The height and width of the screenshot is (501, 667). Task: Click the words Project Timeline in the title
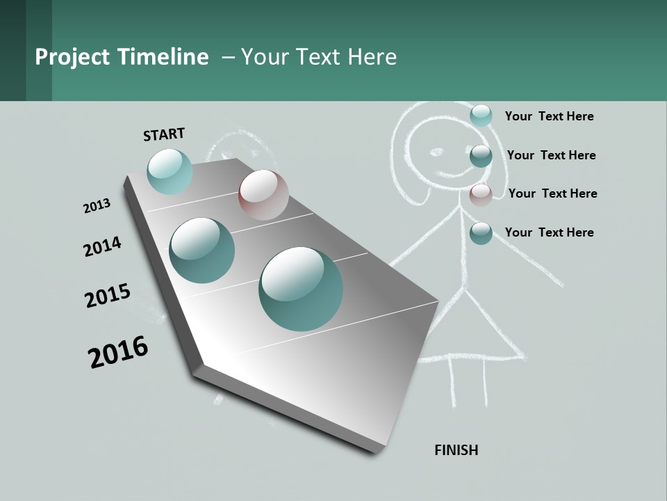[x=122, y=57]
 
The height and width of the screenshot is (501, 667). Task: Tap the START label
[x=164, y=134]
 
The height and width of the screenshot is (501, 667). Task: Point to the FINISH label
[x=456, y=450]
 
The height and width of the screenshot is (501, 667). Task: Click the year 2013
[x=97, y=206]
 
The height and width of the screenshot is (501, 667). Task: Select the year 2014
[x=102, y=246]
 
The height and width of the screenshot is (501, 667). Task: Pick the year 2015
[x=108, y=295]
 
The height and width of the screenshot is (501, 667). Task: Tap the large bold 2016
[x=118, y=351]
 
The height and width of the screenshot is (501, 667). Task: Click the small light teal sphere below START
[x=170, y=171]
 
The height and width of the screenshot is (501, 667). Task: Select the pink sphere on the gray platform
[x=263, y=195]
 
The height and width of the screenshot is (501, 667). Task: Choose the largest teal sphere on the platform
[x=301, y=289]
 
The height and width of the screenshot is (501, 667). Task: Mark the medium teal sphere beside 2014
[x=202, y=250]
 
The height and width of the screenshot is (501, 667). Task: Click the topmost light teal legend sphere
[x=481, y=116]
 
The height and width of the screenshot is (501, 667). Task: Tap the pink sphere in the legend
[x=481, y=195]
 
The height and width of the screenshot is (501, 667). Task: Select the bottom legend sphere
[x=481, y=233]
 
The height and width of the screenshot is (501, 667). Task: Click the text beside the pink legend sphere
[x=552, y=193]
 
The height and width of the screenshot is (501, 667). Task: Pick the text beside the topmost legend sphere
[x=549, y=116]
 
